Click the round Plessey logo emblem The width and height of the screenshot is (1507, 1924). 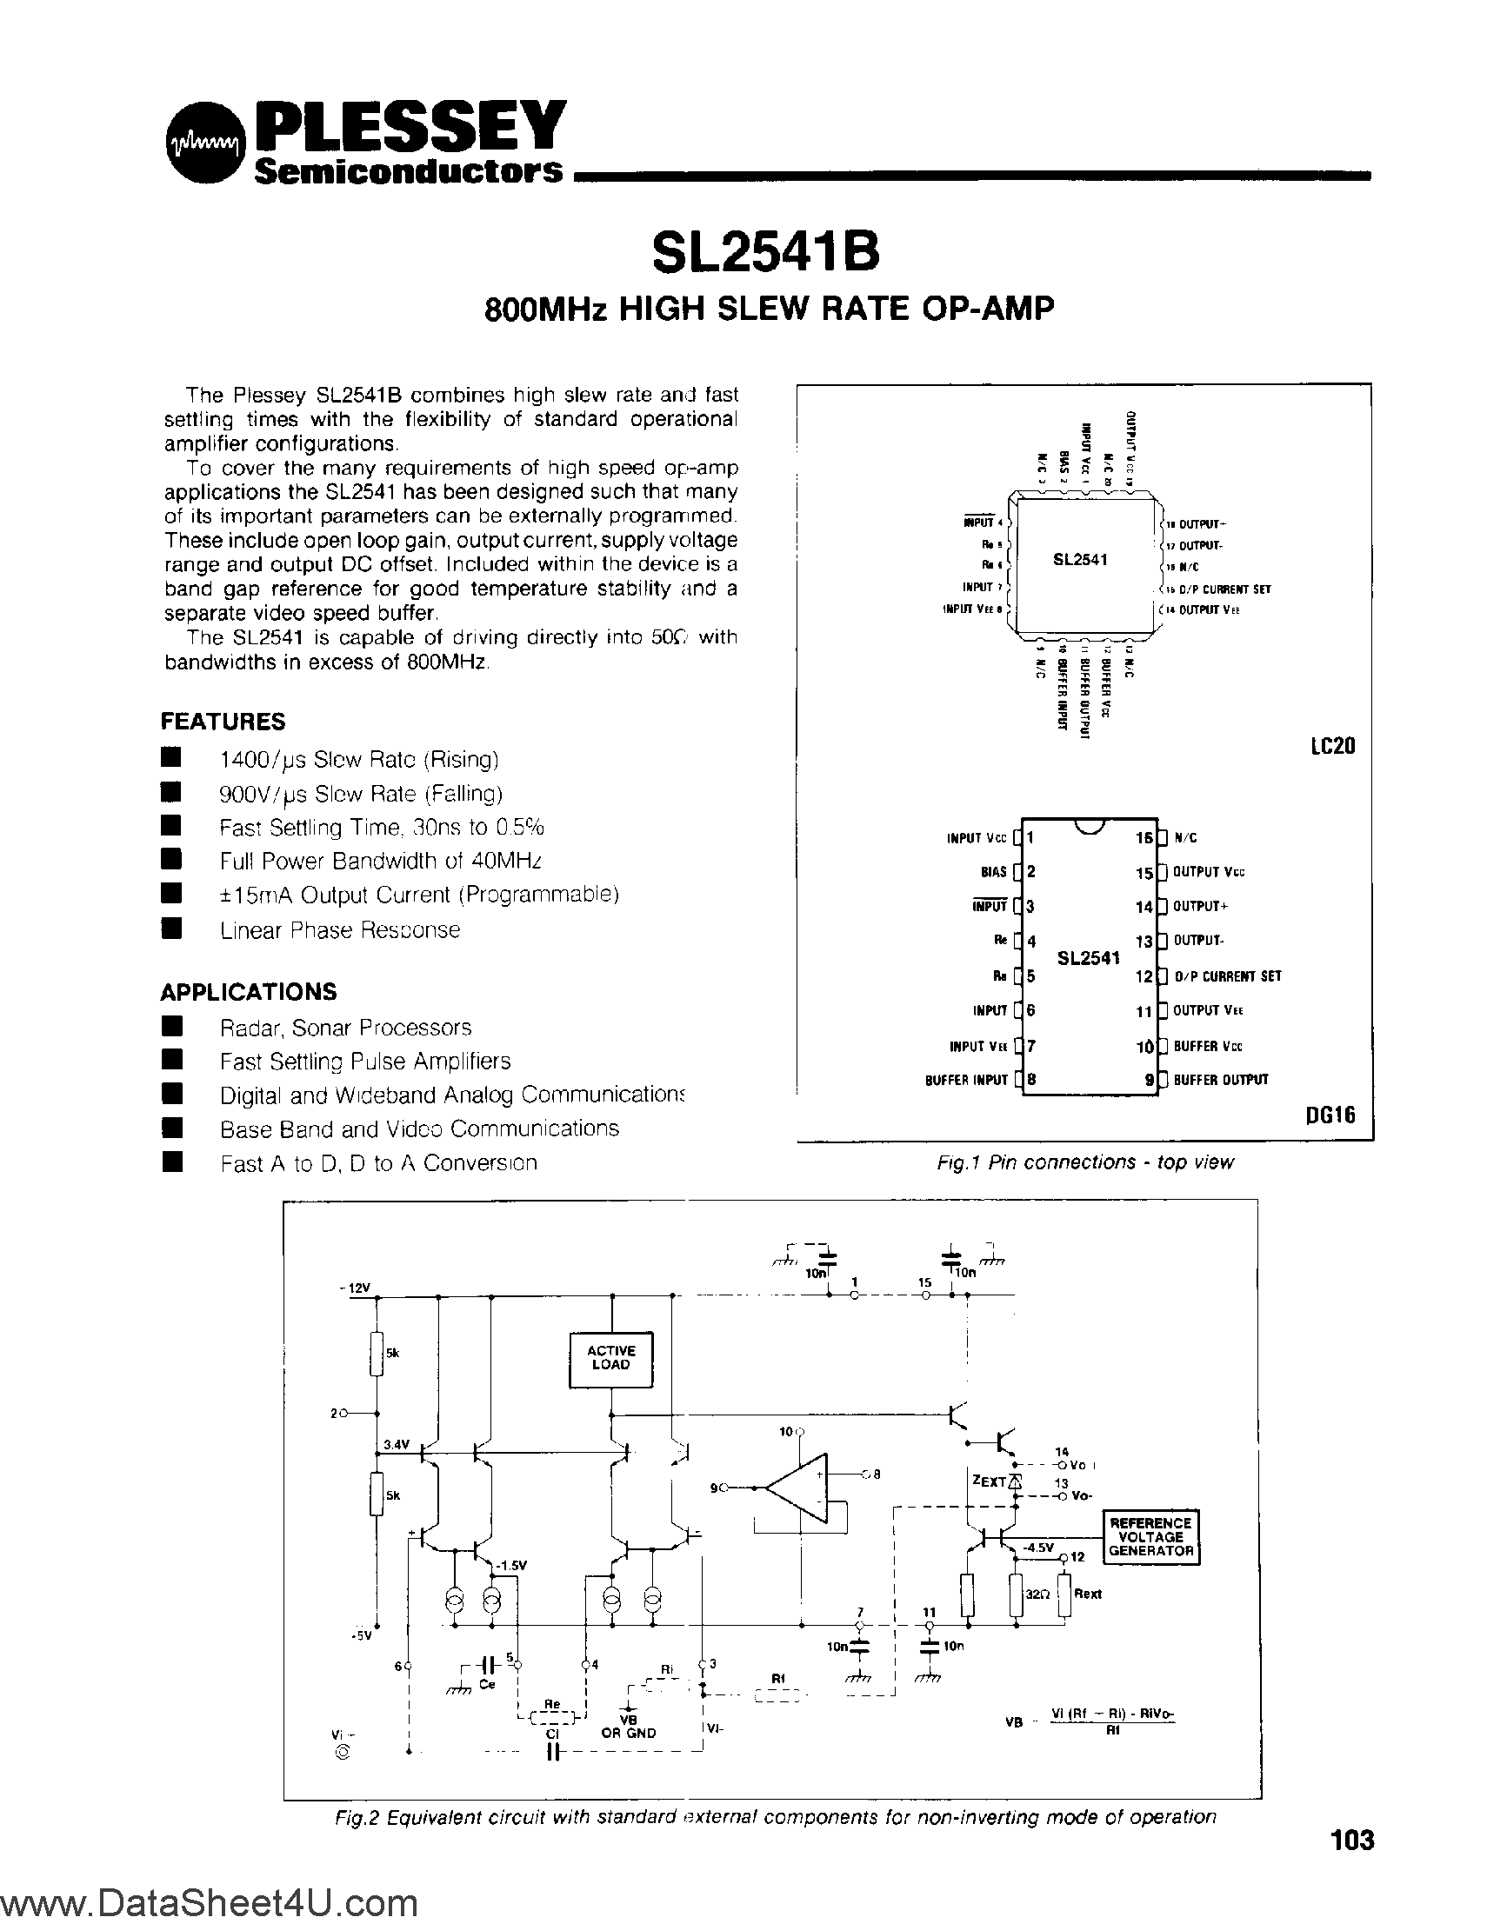[204, 144]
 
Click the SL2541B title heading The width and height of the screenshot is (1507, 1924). [765, 252]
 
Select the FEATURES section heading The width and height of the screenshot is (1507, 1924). [223, 722]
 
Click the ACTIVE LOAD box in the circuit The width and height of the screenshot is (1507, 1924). [610, 1358]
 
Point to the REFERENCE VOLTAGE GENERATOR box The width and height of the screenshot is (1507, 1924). [1150, 1537]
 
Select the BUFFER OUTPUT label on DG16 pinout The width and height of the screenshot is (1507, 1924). [1220, 1080]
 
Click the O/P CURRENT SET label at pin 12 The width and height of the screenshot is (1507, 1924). [1226, 976]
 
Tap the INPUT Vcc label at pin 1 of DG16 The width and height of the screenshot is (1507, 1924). [976, 839]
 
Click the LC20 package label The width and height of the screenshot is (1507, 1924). [1331, 746]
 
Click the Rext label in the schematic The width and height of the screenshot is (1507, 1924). [1088, 1594]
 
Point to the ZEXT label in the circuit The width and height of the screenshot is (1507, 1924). [988, 1482]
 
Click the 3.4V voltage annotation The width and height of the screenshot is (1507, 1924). [397, 1444]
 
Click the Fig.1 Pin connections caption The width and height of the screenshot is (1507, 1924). [1084, 1162]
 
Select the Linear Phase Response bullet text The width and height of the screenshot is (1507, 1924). [340, 929]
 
